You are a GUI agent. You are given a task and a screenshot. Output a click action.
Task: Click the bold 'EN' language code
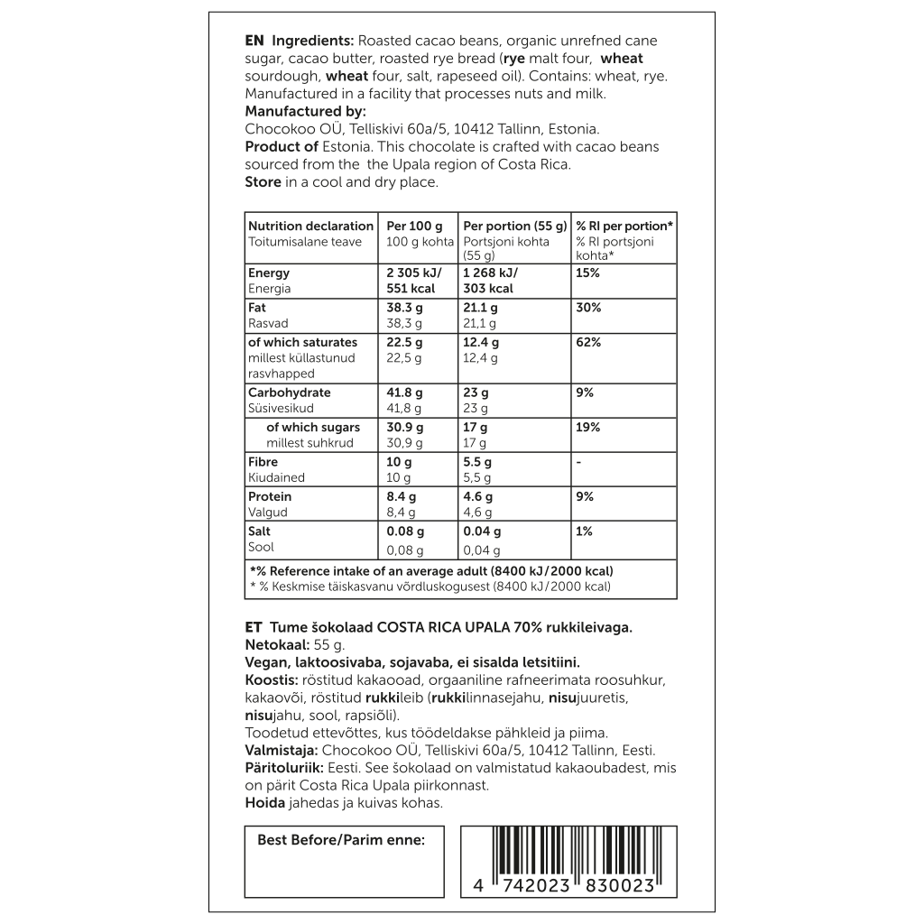pos(254,42)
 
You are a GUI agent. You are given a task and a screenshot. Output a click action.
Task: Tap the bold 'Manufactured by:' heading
pos(306,112)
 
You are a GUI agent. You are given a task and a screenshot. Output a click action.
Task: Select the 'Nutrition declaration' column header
pos(310,226)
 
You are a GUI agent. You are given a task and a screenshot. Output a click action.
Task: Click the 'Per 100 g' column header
pos(414,226)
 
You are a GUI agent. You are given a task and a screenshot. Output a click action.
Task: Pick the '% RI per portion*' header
pos(624,226)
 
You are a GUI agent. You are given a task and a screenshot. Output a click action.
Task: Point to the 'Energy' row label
pos(269,273)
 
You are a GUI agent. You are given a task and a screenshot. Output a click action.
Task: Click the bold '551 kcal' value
pos(411,289)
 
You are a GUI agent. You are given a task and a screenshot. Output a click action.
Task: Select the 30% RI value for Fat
pos(588,308)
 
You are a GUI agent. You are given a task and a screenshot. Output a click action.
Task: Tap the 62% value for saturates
pos(588,342)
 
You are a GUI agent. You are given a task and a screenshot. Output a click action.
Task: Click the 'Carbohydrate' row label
pos(290,393)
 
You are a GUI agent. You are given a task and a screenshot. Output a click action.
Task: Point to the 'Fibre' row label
pos(263,462)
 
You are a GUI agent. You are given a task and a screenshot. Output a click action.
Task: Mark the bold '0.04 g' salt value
pos(482,531)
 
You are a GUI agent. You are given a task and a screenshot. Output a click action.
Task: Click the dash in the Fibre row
pos(579,462)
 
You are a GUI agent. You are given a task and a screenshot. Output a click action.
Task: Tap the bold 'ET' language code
pos(254,627)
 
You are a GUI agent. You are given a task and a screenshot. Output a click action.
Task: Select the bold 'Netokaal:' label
pos(276,645)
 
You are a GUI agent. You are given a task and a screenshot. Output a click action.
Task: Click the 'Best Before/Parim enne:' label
pos(341,840)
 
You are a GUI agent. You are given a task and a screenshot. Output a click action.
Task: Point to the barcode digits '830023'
pos(618,886)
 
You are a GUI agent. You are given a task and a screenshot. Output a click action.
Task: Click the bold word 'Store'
pos(263,182)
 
